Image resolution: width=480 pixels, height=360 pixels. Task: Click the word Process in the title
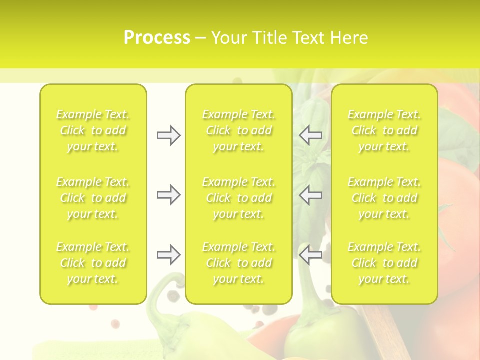pyautogui.click(x=157, y=38)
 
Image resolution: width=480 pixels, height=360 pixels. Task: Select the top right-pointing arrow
pyautogui.click(x=168, y=135)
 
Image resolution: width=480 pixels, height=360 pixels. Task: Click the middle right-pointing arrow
pyautogui.click(x=168, y=195)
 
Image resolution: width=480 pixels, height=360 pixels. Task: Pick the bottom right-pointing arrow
pyautogui.click(x=168, y=255)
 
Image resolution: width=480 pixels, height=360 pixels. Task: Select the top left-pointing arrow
pyautogui.click(x=311, y=135)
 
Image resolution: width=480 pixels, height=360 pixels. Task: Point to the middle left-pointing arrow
pyautogui.click(x=311, y=195)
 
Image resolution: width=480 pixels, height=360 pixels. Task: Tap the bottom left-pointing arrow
pyautogui.click(x=311, y=255)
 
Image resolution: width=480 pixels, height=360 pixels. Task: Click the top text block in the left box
pyautogui.click(x=93, y=130)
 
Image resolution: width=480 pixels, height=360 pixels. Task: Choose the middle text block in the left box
pyautogui.click(x=93, y=198)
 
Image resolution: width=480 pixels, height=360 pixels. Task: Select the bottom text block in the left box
pyautogui.click(x=93, y=263)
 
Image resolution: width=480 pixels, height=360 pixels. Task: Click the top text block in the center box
pyautogui.click(x=239, y=130)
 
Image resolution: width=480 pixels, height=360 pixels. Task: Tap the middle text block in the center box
pyautogui.click(x=239, y=198)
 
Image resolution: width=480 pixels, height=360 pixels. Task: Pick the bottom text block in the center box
pyautogui.click(x=239, y=263)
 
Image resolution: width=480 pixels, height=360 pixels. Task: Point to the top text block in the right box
pyautogui.click(x=384, y=130)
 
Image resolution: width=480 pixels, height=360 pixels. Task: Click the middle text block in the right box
pyautogui.click(x=384, y=198)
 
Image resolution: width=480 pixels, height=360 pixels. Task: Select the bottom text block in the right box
pyautogui.click(x=384, y=263)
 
